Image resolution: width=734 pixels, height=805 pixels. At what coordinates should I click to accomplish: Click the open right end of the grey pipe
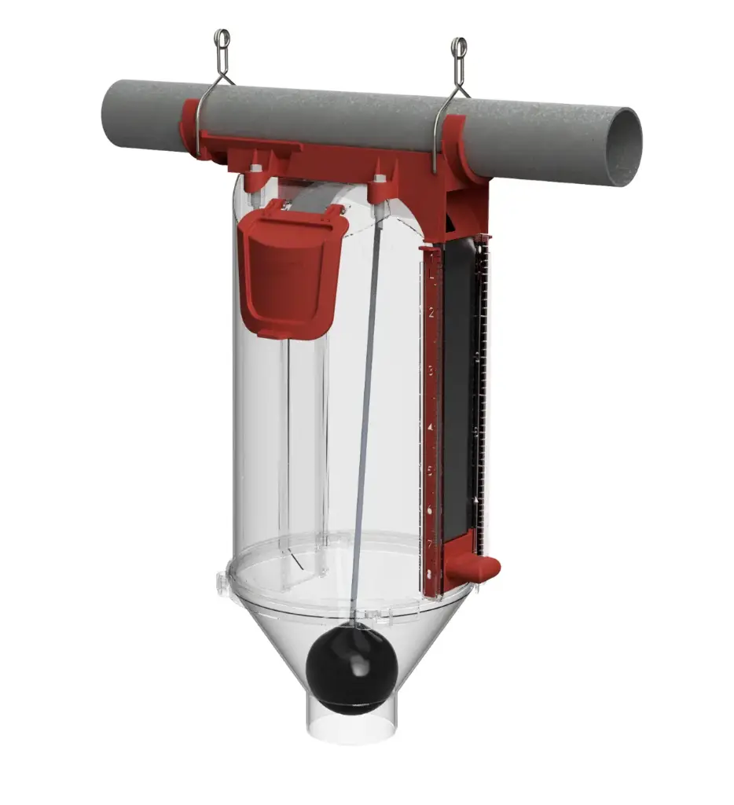(626, 146)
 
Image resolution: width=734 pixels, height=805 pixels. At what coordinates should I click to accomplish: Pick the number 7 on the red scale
(430, 542)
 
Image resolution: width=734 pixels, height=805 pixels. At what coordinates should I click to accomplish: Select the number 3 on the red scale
(431, 368)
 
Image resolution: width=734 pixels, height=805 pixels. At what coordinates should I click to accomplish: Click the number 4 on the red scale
(431, 425)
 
